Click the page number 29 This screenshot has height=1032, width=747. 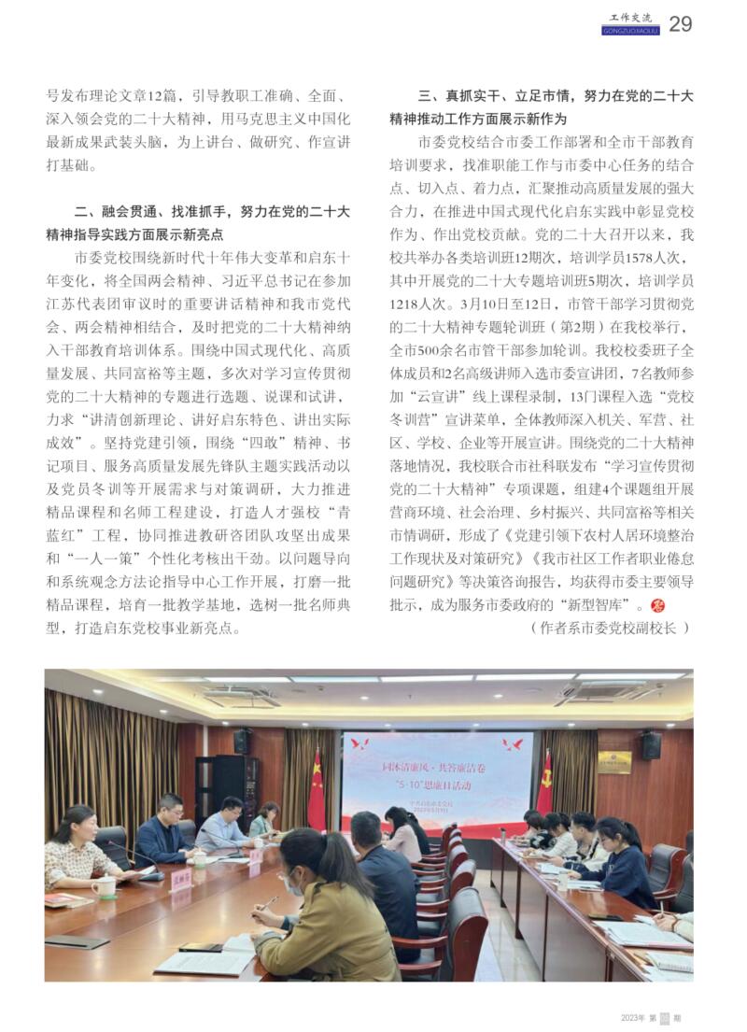681,24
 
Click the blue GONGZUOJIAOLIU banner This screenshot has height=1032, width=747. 631,30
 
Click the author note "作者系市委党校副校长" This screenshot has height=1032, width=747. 611,628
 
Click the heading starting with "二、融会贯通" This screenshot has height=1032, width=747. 212,211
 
